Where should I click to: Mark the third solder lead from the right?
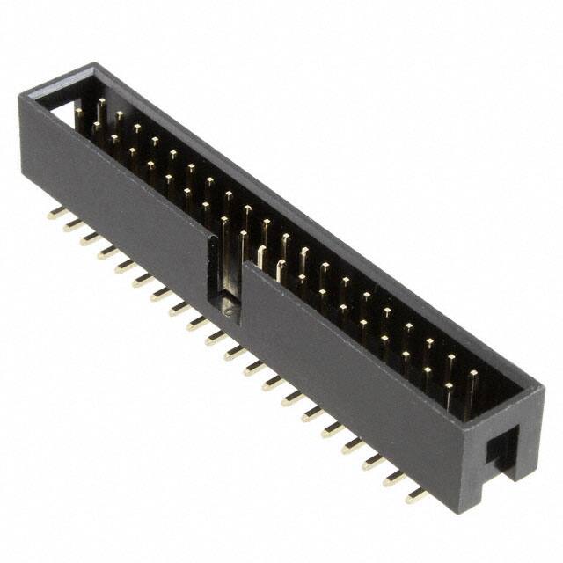tap(374, 462)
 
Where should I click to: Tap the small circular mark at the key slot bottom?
tap(228, 309)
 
